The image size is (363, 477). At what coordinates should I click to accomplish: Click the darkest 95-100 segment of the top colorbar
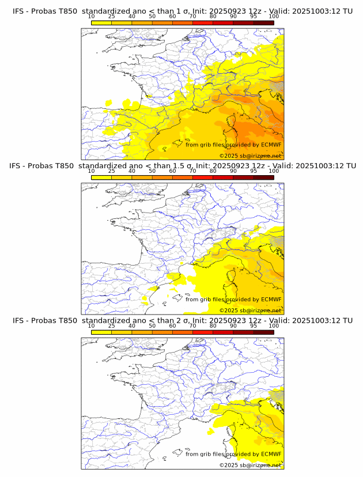pos(264,22)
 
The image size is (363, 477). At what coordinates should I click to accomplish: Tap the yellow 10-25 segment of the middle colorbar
pos(101,177)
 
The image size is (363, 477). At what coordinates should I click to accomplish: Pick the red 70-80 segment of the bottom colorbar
pos(203,332)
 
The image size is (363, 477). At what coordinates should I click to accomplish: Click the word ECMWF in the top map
pos(271,145)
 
